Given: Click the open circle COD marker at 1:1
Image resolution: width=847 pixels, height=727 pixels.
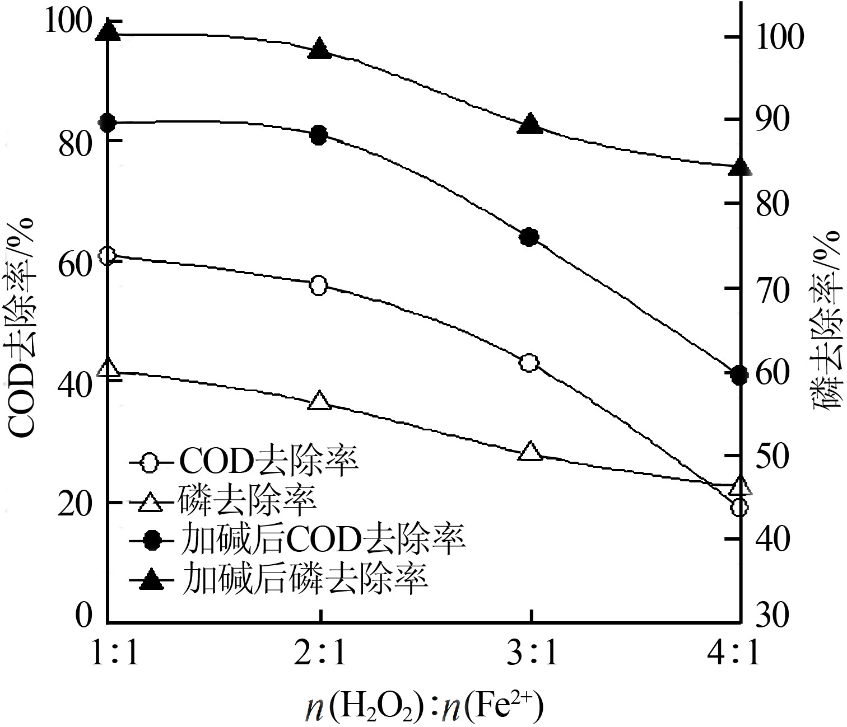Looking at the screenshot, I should click(x=108, y=256).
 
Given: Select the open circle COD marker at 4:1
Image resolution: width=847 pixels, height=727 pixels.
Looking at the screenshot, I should click(x=739, y=508).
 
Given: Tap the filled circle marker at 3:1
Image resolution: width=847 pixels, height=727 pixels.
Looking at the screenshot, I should click(x=529, y=237).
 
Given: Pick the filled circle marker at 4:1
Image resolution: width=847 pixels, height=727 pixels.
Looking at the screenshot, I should click(x=739, y=376).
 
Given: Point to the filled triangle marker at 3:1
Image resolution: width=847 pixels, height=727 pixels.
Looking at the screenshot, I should click(x=530, y=124).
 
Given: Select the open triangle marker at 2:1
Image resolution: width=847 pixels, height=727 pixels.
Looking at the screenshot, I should click(x=319, y=401).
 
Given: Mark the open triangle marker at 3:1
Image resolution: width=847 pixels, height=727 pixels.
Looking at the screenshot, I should click(x=530, y=452).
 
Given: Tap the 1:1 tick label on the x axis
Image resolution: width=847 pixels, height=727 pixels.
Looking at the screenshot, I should click(x=115, y=653).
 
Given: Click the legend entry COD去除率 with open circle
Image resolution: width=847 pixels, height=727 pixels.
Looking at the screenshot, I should click(x=244, y=463).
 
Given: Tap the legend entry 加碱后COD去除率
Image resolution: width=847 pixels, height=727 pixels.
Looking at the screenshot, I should click(x=297, y=540).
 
